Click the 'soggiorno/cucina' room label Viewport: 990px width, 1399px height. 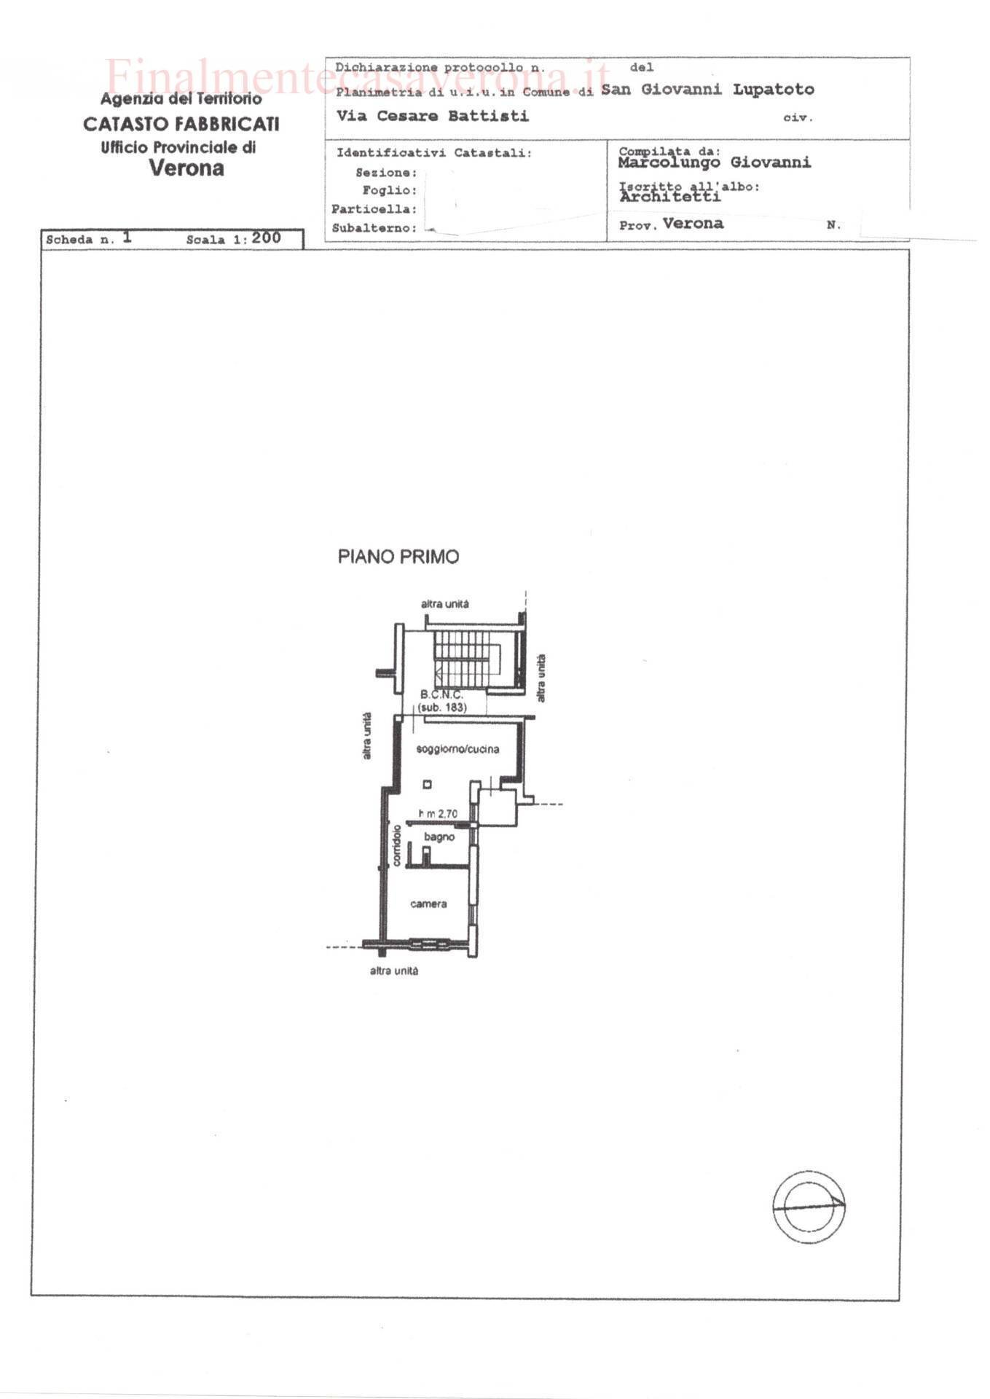pos(457,749)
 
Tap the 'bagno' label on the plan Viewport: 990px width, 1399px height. pos(439,837)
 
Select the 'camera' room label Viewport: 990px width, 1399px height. pos(428,904)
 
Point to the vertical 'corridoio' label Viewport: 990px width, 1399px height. pos(397,845)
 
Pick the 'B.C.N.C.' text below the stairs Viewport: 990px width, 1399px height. pos(441,695)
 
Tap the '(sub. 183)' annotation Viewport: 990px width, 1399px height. pos(442,708)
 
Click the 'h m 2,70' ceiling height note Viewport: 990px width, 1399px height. pos(438,814)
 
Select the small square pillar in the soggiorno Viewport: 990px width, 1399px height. pos(427,785)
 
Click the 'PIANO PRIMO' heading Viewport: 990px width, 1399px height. pos(398,557)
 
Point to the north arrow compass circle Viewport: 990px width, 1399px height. pos(809,1207)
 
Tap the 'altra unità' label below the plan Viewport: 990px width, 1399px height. pos(394,971)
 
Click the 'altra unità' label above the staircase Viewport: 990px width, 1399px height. pos(445,604)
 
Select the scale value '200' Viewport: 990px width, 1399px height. pos(267,238)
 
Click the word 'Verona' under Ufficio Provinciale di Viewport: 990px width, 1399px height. pos(186,168)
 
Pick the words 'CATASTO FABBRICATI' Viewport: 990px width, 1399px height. pos(181,125)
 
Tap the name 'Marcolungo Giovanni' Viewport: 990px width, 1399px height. pos(715,162)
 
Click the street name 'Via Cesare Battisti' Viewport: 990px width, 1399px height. pos(433,116)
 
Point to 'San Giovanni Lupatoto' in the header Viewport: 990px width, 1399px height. pos(707,90)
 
